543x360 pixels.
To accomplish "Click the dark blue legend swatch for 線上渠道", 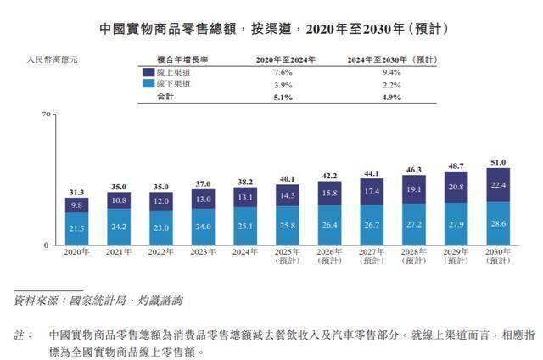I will coord(148,73).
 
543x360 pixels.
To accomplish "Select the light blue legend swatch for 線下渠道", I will coord(148,86).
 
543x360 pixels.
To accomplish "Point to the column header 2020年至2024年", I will coord(285,59).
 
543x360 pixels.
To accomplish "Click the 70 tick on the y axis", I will coord(48,113).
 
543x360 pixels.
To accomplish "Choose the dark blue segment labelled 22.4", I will coord(498,185).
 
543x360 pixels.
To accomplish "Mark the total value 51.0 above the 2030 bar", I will coord(498,162).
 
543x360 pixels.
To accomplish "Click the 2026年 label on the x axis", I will coord(328,252).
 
